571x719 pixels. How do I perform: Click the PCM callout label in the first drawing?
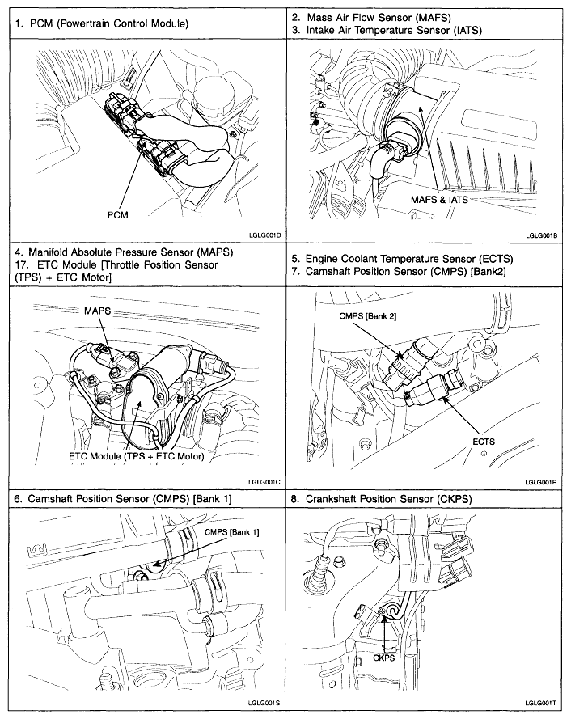[117, 214]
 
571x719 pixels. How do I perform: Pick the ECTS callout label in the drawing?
[484, 442]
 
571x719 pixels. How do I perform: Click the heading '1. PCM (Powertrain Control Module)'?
[102, 24]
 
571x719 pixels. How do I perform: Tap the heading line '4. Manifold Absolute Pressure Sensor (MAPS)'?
[124, 252]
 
